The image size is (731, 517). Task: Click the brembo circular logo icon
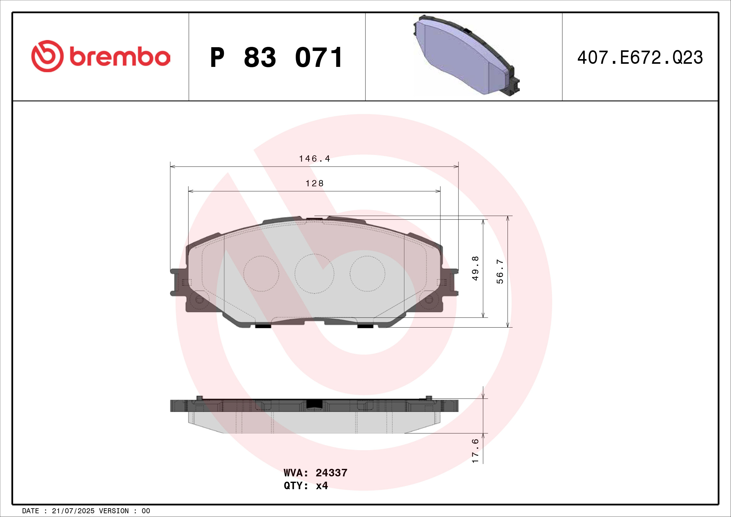(x=47, y=56)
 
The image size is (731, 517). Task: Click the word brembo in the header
(x=120, y=57)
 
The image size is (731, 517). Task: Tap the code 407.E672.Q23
(x=640, y=58)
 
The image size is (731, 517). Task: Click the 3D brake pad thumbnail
(x=466, y=56)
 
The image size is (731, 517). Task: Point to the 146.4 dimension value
(x=314, y=158)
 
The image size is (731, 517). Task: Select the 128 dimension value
(x=314, y=183)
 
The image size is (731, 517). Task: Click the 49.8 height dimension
(x=475, y=269)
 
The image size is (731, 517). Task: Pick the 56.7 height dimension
(x=500, y=272)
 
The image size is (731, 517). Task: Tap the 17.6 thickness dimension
(x=475, y=451)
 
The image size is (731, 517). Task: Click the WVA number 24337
(x=331, y=473)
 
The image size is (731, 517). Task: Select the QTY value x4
(x=322, y=485)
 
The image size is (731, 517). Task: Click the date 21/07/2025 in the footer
(x=73, y=511)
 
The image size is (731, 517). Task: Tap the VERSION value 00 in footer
(x=146, y=511)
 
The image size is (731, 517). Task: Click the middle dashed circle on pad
(x=314, y=274)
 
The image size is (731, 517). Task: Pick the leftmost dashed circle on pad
(x=261, y=274)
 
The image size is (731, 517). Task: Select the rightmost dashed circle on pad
(x=367, y=274)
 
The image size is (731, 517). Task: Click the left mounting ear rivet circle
(x=199, y=299)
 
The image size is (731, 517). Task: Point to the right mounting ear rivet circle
(x=429, y=299)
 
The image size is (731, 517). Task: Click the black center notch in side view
(x=314, y=404)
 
